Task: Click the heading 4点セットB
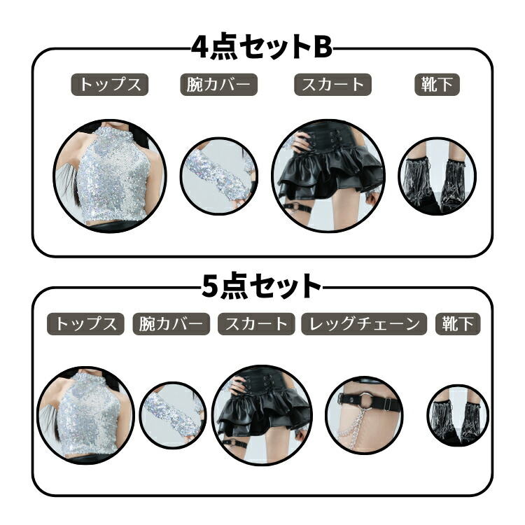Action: tap(262, 48)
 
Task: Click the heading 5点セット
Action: tap(262, 286)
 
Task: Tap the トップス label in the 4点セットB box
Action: tap(109, 85)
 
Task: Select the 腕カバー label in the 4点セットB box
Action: tap(219, 85)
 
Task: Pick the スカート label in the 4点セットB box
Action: tap(332, 85)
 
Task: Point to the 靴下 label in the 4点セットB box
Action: tap(437, 85)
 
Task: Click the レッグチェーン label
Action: tap(364, 324)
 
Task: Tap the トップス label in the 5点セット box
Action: tap(85, 324)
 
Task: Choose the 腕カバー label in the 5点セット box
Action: tap(171, 324)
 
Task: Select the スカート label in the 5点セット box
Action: tap(256, 324)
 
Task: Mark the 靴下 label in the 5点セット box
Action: tap(458, 324)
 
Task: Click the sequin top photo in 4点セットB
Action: tap(110, 176)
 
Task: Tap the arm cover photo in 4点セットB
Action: tap(219, 176)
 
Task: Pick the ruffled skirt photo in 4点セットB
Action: tap(328, 176)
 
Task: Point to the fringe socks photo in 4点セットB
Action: tap(437, 176)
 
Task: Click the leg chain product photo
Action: tap(364, 415)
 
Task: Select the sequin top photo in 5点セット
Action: tap(85, 415)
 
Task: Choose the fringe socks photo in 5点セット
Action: tap(458, 415)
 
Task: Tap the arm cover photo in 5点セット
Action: tap(173, 415)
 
